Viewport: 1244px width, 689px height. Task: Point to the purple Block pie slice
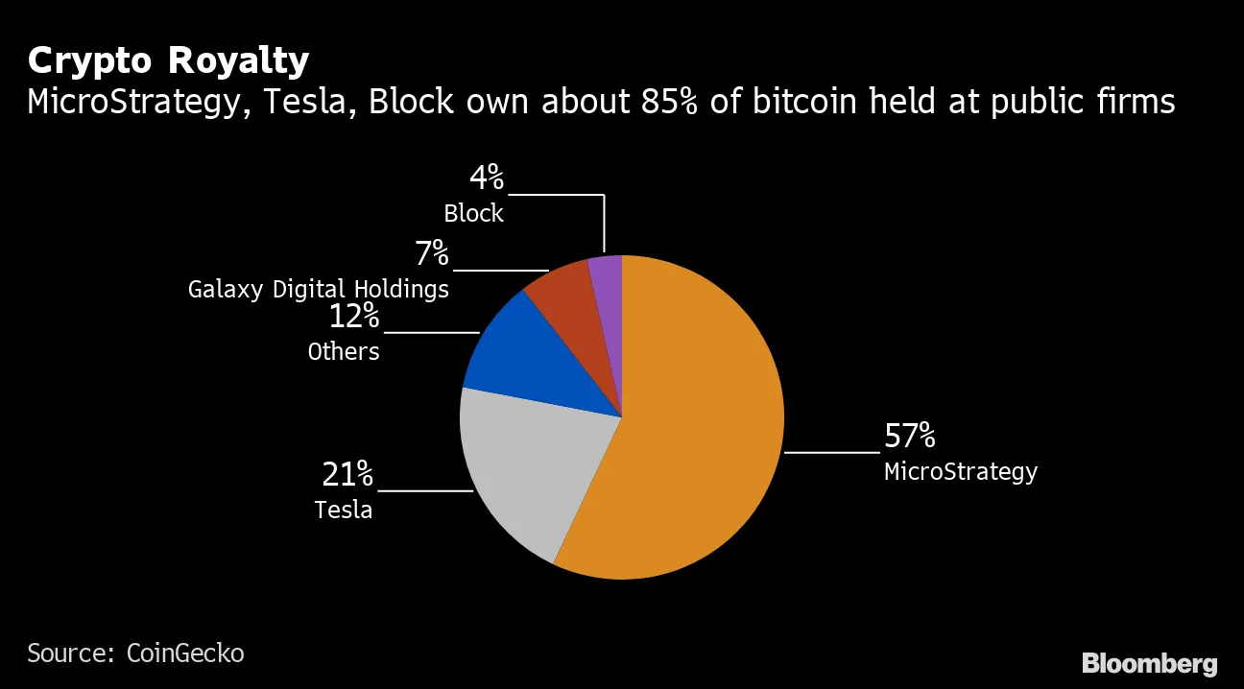607,278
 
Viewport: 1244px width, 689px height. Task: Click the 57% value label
909,438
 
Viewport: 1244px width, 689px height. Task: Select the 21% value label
347,474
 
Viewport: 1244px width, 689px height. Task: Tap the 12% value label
354,317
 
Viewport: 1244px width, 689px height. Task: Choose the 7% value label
432,254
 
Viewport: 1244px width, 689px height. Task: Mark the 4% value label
486,178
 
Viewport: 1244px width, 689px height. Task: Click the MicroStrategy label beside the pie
960,472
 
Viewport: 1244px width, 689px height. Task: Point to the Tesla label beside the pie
344,510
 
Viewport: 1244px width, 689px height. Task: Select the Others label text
344,352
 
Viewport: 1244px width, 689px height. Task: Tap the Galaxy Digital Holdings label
318,289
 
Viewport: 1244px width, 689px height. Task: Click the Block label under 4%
473,213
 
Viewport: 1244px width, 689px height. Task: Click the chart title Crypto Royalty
168,60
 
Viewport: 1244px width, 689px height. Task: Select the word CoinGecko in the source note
185,653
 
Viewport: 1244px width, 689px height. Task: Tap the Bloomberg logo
1149,663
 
